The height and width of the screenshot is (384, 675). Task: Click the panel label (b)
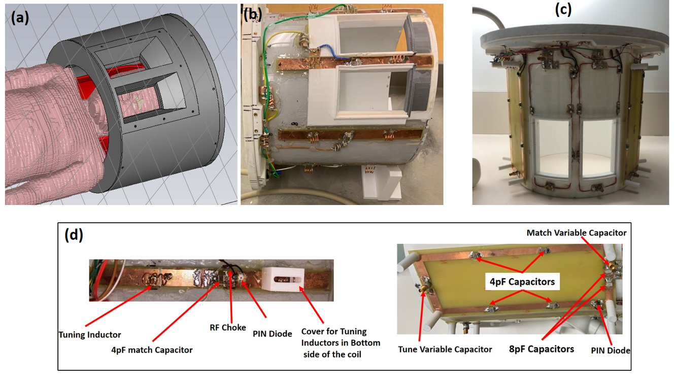click(x=252, y=15)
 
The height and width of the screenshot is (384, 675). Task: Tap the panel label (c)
click(x=563, y=10)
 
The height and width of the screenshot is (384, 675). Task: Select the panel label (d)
click(x=74, y=235)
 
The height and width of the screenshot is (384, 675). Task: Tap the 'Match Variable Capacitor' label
click(x=577, y=233)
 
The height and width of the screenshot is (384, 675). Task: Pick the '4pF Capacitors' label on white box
click(x=522, y=282)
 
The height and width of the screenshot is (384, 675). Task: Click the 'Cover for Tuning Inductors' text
click(x=334, y=331)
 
